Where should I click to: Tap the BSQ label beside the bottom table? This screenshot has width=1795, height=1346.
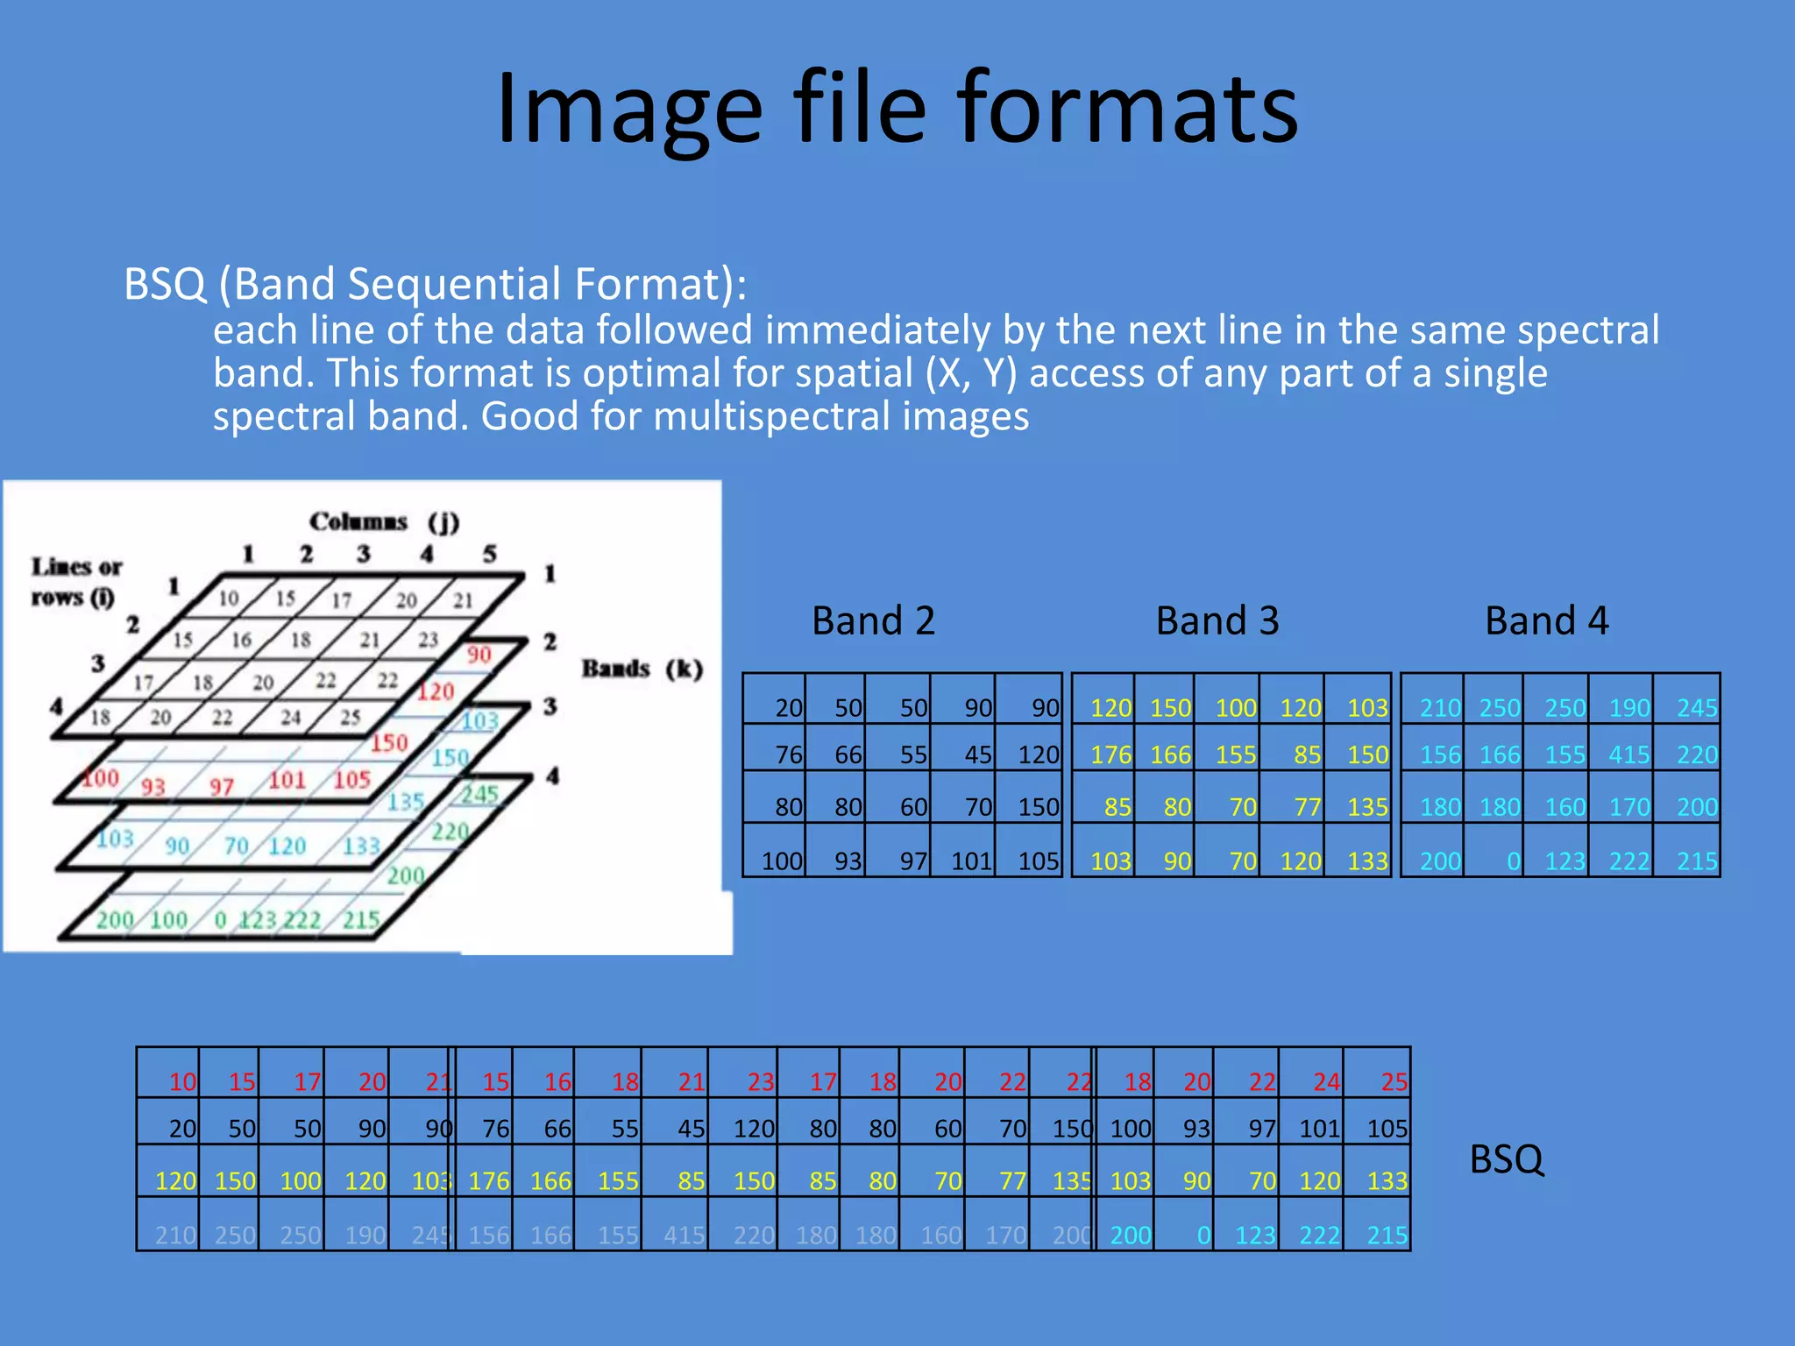[x=1506, y=1159]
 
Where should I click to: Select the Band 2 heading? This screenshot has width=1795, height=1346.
[x=873, y=620]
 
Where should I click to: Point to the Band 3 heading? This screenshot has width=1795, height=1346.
[x=1217, y=620]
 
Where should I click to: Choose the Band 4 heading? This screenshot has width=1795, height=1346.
[x=1547, y=620]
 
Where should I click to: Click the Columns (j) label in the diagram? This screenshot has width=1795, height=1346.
[x=384, y=522]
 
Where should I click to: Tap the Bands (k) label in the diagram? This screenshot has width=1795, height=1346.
[x=642, y=669]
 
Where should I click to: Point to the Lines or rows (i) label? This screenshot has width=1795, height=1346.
[x=76, y=582]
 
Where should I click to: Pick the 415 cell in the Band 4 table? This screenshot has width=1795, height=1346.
[x=1628, y=754]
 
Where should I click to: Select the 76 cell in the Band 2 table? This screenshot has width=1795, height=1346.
[x=789, y=754]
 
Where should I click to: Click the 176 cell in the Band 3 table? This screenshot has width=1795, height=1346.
[x=1110, y=754]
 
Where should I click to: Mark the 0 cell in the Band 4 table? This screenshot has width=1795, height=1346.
[x=1513, y=861]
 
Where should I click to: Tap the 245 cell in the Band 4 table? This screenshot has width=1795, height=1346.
[x=1696, y=708]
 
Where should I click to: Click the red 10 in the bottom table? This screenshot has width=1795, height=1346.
[x=182, y=1082]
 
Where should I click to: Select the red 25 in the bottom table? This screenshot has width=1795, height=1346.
[x=1394, y=1082]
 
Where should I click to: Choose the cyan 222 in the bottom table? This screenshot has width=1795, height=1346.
[x=1319, y=1236]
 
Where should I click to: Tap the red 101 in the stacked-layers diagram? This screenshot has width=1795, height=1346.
[x=286, y=780]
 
